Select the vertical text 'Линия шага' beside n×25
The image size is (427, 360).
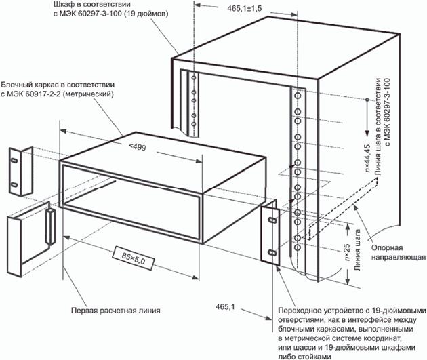(358, 263)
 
